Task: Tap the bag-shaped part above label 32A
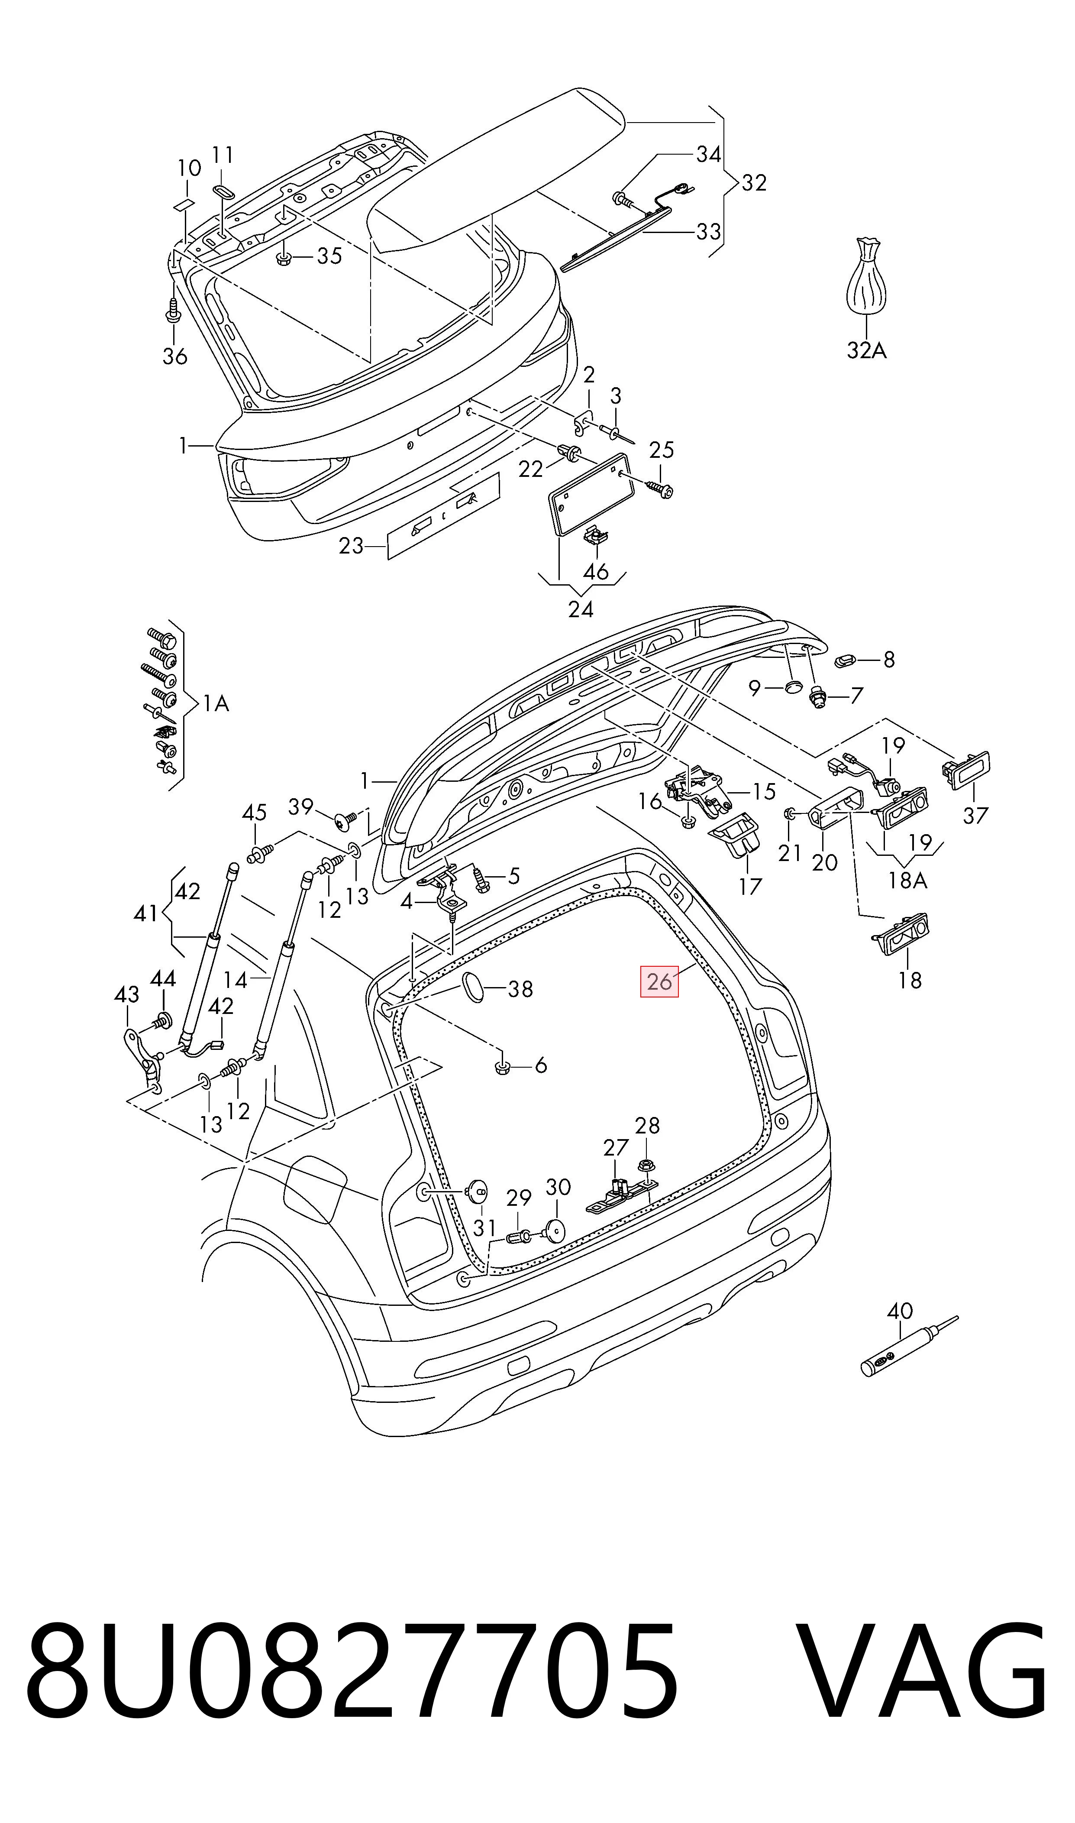tap(866, 278)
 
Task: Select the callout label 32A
tap(866, 351)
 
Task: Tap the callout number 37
tap(975, 816)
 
